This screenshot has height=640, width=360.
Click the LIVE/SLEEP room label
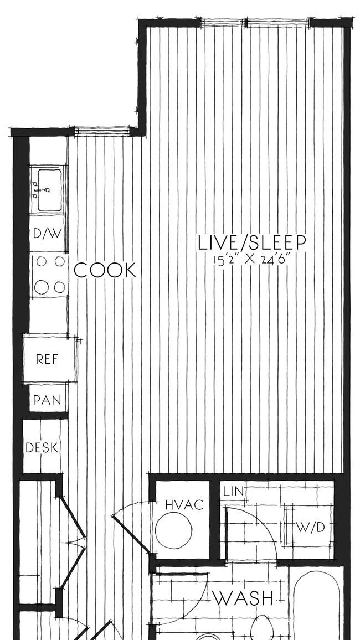[252, 242]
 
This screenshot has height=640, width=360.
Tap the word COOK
[105, 270]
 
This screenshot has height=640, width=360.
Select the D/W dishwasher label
[47, 234]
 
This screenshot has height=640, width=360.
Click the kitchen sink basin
[49, 190]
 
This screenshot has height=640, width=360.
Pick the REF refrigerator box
[50, 358]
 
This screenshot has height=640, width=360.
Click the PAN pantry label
[47, 400]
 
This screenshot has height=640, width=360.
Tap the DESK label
[42, 448]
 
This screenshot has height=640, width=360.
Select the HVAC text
[184, 505]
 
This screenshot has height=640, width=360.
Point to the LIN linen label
[234, 491]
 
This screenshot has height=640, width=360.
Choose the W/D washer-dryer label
[310, 528]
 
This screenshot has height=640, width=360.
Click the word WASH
[243, 598]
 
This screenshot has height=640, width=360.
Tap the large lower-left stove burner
[41, 287]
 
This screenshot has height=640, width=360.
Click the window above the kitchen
[102, 131]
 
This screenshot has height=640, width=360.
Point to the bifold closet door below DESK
[73, 542]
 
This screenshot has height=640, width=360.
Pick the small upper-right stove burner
[60, 261]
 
